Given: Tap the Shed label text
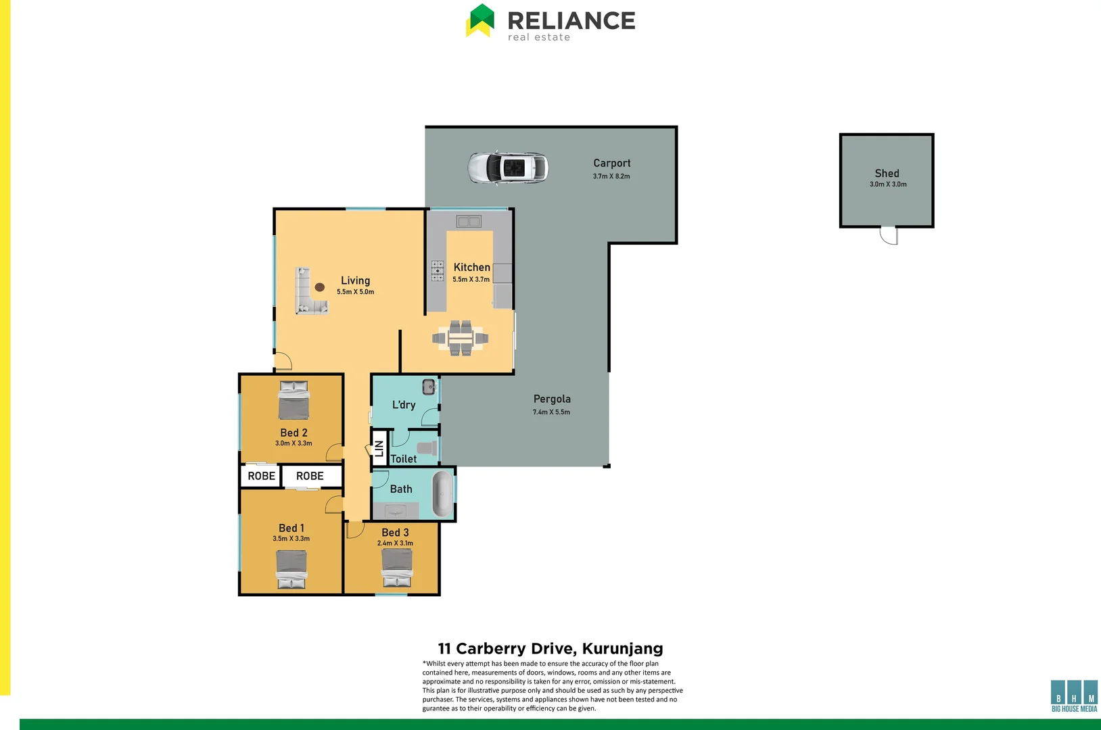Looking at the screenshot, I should click(x=887, y=174).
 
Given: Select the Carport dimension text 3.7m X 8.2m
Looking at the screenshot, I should click(x=611, y=176).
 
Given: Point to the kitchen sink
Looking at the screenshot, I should click(x=468, y=222).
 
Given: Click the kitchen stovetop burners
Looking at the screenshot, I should click(x=438, y=270).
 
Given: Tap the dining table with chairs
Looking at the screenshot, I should click(x=461, y=338).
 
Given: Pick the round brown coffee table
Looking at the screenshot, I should click(x=320, y=287).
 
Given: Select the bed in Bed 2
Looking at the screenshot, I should click(x=294, y=400).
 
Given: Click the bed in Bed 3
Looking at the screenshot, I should click(x=397, y=568).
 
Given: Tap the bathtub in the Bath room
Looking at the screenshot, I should click(x=443, y=494).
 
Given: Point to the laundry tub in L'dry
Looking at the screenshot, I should click(x=429, y=387).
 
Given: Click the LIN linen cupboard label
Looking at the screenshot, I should click(x=379, y=448).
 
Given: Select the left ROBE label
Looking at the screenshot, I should click(x=261, y=476).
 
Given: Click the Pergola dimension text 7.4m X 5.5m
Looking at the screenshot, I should click(x=551, y=412).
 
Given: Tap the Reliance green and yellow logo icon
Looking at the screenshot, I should click(x=480, y=20).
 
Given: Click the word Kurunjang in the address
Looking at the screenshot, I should click(x=622, y=649).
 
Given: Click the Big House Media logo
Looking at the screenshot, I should click(x=1074, y=696).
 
